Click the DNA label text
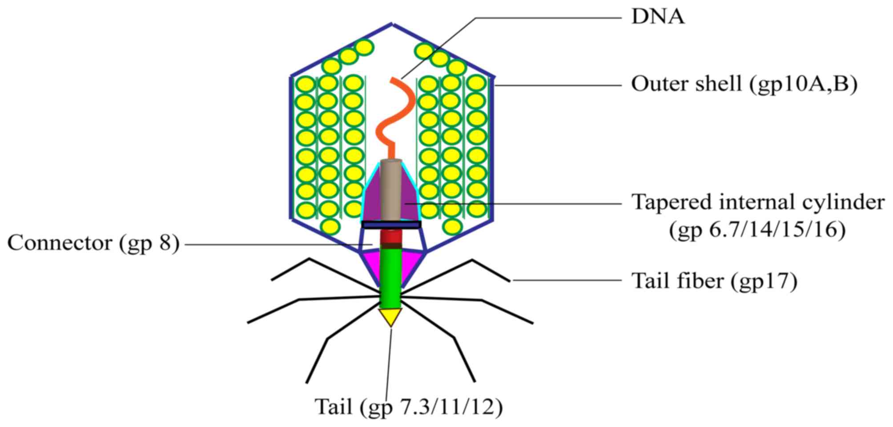658,17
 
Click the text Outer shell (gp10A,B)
744,84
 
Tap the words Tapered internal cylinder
758,202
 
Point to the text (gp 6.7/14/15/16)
757,231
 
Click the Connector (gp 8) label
93,243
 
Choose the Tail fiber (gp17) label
714,281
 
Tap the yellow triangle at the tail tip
390,317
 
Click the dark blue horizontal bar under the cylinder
391,225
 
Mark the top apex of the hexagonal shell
392,24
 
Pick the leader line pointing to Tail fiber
567,281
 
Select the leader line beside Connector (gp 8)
276,244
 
